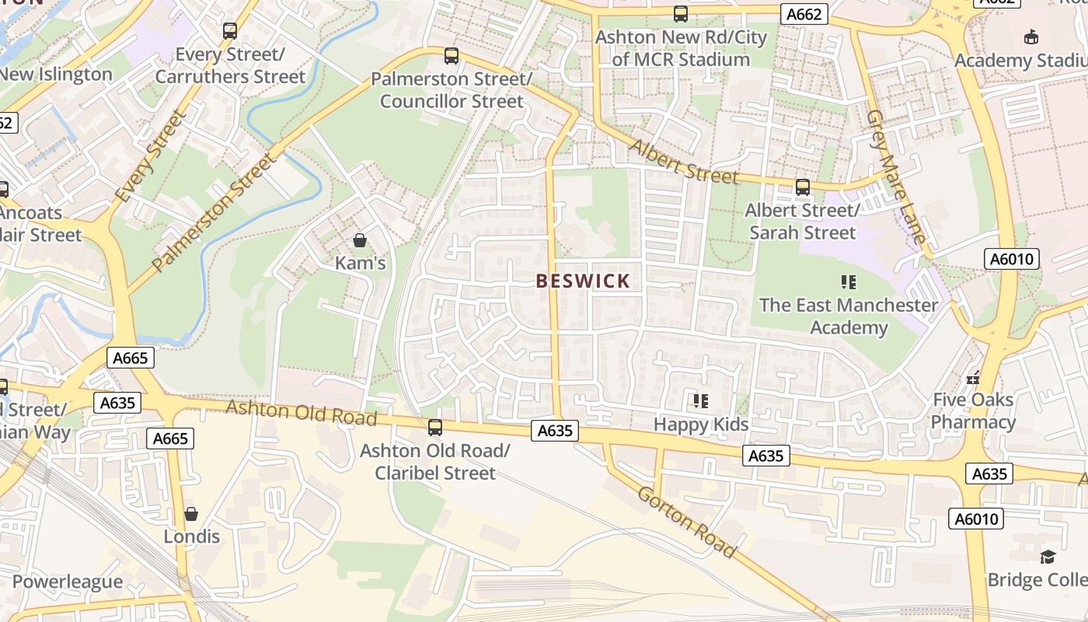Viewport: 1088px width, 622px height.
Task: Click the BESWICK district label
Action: point(583,281)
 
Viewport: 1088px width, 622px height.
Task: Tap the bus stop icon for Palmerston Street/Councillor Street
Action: point(452,56)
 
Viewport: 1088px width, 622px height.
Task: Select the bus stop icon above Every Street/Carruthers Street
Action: point(230,31)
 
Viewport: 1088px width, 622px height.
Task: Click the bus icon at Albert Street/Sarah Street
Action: point(802,187)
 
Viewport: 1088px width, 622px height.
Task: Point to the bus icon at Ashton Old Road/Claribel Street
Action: point(435,427)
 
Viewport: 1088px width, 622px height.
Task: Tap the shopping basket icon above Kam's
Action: point(360,240)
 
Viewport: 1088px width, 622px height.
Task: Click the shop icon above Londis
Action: point(191,514)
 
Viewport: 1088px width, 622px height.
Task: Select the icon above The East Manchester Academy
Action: point(849,282)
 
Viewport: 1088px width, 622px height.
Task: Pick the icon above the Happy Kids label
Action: point(701,401)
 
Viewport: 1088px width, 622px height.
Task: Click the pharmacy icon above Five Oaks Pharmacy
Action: point(973,378)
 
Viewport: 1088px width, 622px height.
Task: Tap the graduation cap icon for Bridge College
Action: point(1048,557)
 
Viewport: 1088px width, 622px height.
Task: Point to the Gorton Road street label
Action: point(686,522)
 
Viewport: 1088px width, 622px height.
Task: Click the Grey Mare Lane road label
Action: point(897,176)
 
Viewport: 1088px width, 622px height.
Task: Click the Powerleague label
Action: point(67,582)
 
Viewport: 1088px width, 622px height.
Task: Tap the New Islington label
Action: point(56,75)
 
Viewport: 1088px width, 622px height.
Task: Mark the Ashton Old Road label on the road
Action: point(301,412)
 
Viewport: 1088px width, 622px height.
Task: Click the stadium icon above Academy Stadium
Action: point(1031,37)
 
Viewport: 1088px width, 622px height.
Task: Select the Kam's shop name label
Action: point(360,264)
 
